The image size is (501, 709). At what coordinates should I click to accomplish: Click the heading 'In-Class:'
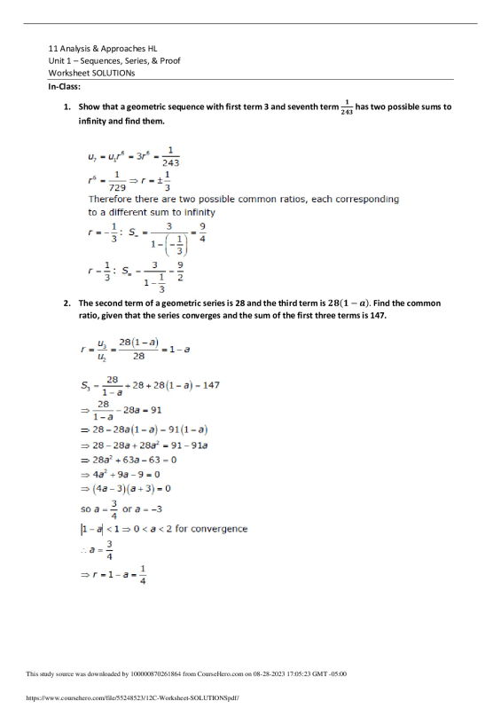point(65,87)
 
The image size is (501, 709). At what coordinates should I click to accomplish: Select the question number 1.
point(67,106)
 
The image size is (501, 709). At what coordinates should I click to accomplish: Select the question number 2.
point(67,303)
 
